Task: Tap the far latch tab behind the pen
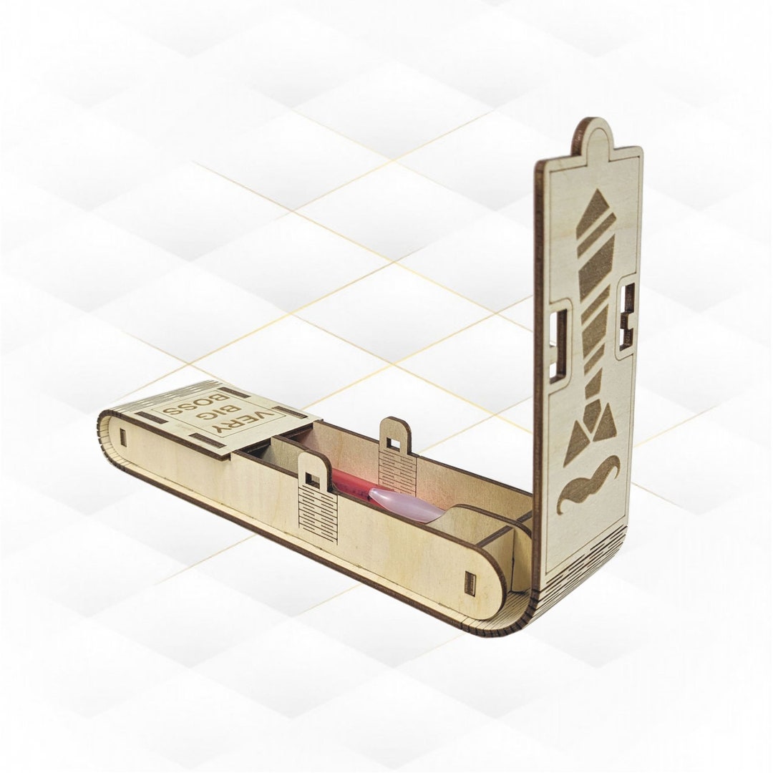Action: tap(394, 437)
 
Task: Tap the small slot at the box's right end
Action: tap(470, 583)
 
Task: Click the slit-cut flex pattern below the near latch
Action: tap(318, 515)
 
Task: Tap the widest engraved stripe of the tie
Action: tap(595, 265)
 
